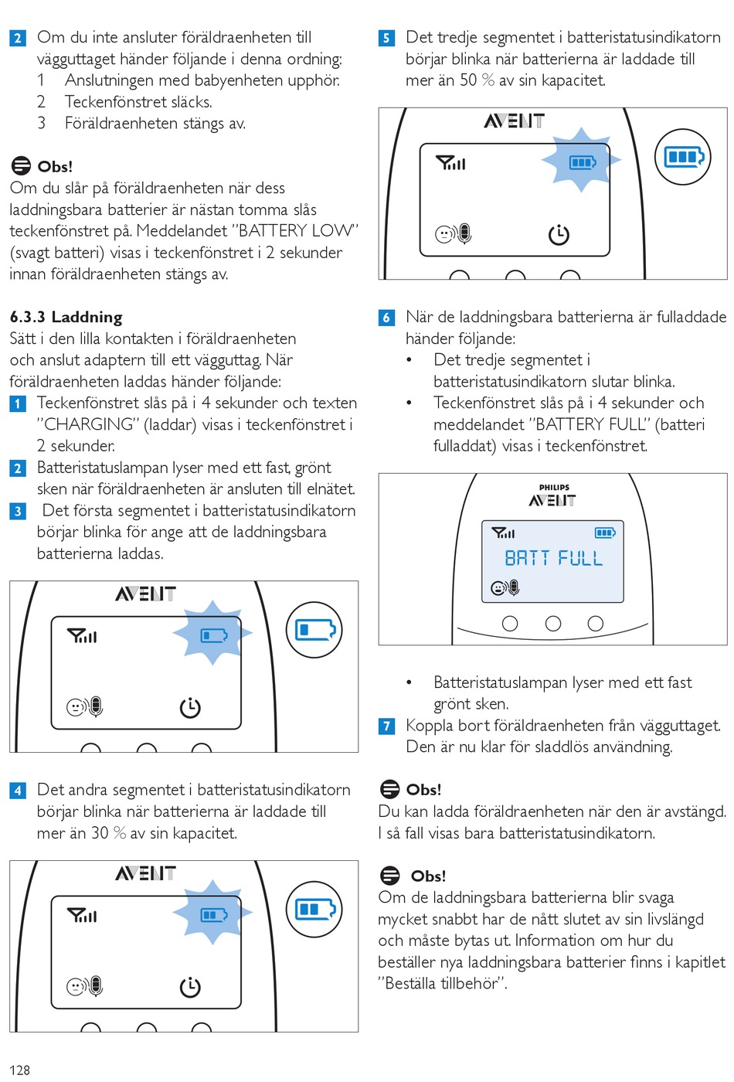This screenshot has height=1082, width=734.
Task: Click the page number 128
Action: (19, 1070)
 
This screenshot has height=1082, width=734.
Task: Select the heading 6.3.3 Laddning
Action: (66, 317)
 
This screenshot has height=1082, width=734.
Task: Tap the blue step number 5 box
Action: (387, 38)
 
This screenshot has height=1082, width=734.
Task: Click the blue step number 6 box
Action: (387, 318)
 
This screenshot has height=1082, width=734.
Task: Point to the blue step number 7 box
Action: (387, 726)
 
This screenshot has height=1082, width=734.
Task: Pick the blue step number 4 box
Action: (18, 791)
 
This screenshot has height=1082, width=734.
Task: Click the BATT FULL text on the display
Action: (553, 558)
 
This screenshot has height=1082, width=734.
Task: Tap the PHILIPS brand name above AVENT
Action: (554, 488)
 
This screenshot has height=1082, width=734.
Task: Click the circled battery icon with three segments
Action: (683, 157)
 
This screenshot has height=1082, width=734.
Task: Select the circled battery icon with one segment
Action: (314, 630)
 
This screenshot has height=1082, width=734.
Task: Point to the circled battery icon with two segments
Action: (314, 910)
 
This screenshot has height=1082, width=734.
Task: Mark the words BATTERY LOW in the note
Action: (295, 230)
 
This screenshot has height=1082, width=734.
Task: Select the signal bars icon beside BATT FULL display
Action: (504, 532)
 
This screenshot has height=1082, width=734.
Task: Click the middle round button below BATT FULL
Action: (553, 623)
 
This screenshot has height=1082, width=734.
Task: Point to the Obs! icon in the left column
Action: (21, 166)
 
